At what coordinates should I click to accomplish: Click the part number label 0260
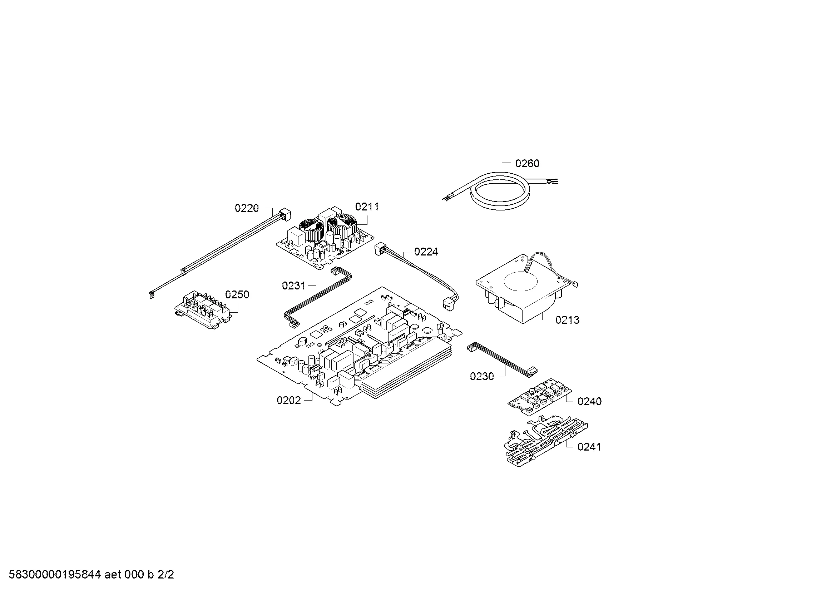[x=527, y=164]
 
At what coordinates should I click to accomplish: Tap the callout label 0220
[x=247, y=208]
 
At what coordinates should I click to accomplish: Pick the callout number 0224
[x=426, y=252]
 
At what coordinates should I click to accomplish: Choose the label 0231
[x=293, y=286]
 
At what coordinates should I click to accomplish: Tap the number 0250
[x=237, y=294]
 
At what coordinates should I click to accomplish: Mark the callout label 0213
[x=567, y=320]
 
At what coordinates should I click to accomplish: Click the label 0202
[x=289, y=400]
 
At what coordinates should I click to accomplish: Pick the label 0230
[x=482, y=376]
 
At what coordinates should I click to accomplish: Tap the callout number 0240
[x=589, y=401]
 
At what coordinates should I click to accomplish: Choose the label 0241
[x=589, y=447]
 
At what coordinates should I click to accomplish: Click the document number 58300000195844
[x=55, y=575]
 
